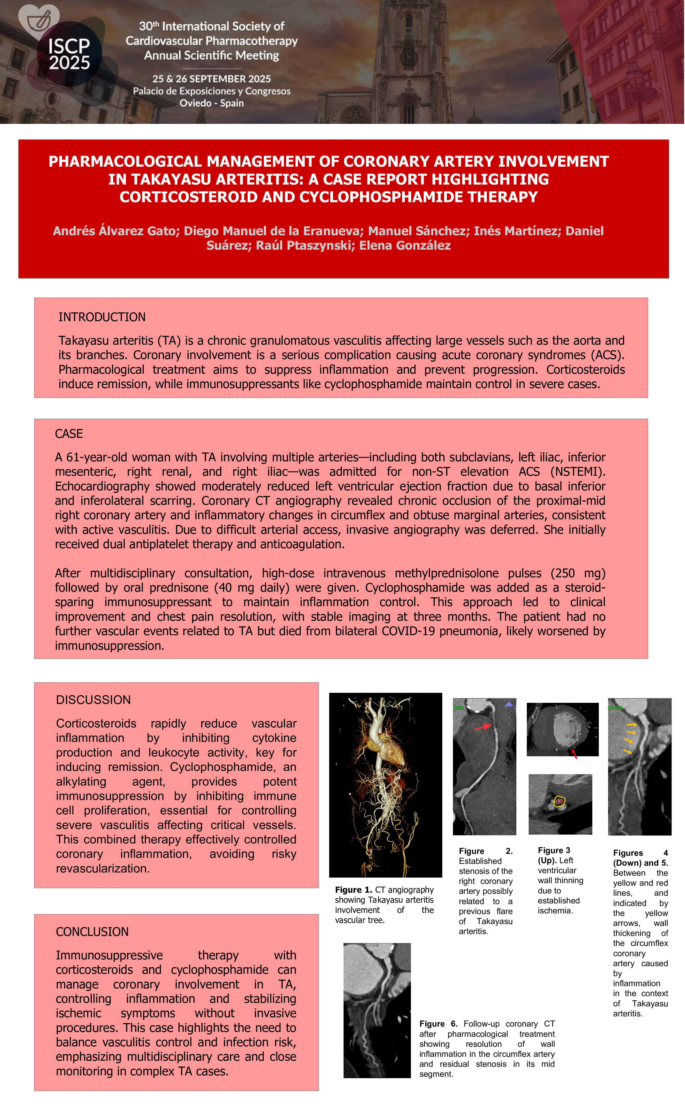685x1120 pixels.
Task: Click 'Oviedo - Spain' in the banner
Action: pos(212,103)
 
